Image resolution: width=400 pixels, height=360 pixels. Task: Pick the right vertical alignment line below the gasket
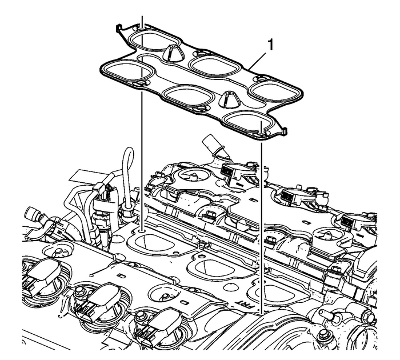pyautogui.click(x=261, y=229)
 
